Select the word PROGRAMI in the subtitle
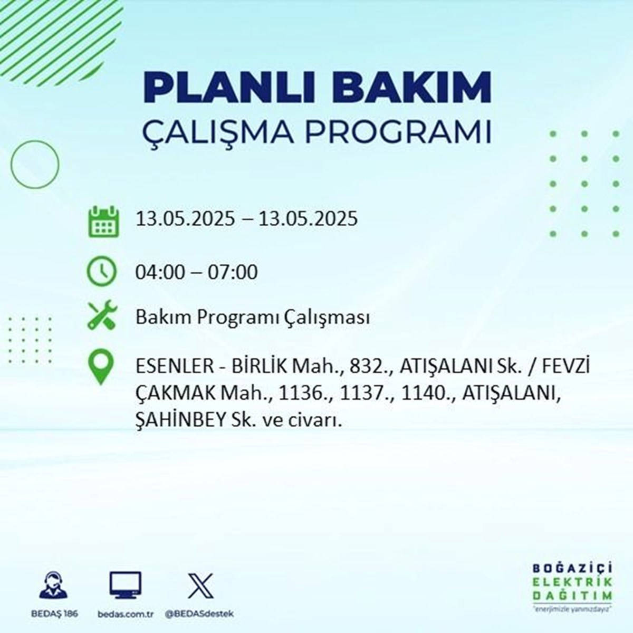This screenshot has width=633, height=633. coord(398,133)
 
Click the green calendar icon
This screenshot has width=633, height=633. coord(103,221)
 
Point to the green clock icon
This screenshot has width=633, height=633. coord(101,272)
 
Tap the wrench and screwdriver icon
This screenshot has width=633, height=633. coord(102,315)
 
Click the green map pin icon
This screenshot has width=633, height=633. coord(101,367)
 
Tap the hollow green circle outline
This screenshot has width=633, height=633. coord(11,164)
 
